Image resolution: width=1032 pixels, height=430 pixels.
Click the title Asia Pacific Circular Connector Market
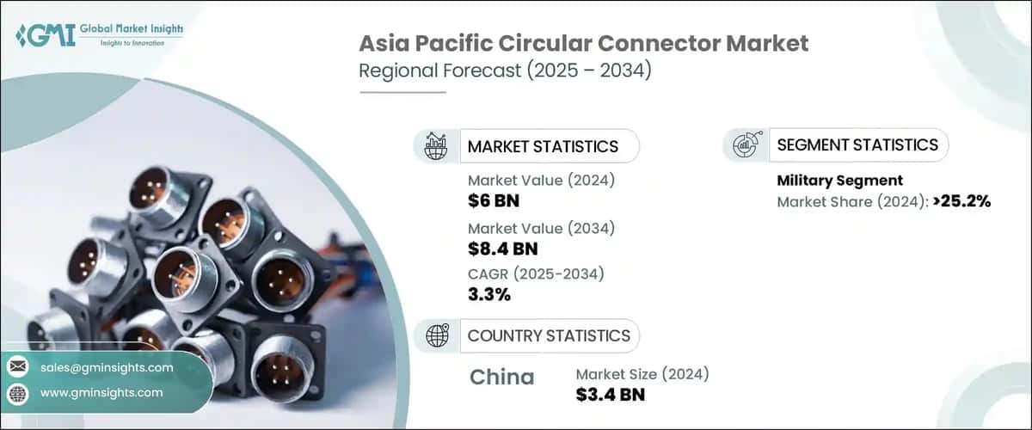pos(584,44)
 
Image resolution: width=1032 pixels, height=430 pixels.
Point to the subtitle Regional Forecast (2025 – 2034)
pos(505,71)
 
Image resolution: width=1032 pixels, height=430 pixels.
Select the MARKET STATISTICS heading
pos(543,146)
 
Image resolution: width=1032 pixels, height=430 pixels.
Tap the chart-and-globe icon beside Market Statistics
pos(437,146)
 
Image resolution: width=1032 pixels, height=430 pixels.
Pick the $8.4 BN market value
pos(503,249)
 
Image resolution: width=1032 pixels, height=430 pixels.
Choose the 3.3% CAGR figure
pos(489,295)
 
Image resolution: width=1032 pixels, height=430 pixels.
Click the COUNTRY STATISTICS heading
pos(549,335)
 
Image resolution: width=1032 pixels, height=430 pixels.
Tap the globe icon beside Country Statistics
pos(437,335)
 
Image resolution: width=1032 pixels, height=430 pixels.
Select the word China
pos(502,377)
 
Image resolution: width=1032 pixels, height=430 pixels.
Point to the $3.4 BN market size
pos(611,395)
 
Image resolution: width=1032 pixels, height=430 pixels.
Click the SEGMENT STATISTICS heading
pos(857,144)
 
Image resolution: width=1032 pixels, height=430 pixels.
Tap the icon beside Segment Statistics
pos(744,145)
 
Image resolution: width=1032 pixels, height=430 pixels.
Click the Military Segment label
pos(839,181)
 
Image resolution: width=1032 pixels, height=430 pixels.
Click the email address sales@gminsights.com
pos(107,367)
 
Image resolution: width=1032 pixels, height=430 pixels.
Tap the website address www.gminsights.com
pos(101,392)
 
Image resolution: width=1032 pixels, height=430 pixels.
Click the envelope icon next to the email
pos(18,367)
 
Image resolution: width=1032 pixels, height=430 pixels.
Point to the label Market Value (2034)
pos(541,229)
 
